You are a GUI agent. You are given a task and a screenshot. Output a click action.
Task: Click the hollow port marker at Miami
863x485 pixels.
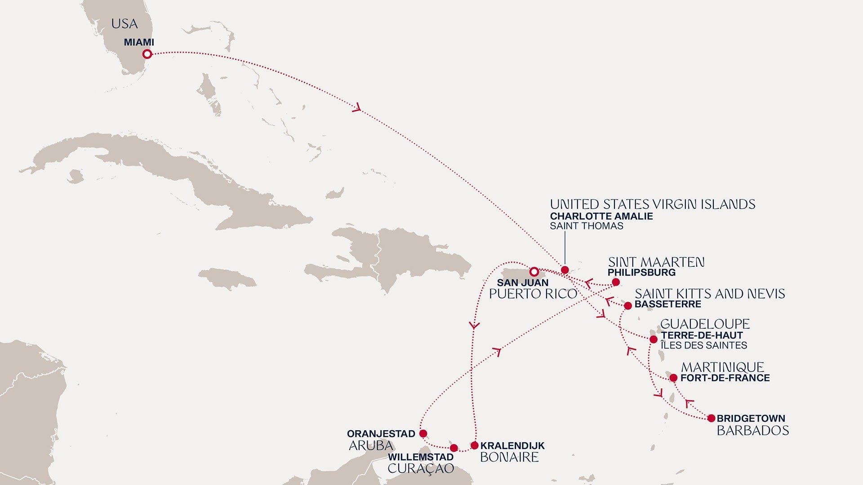147,54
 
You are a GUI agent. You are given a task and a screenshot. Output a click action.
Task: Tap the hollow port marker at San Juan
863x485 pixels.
534,272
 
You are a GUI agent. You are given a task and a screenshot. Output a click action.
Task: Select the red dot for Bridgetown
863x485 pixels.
711,418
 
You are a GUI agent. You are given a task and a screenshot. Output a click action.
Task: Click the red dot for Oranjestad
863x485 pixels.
423,433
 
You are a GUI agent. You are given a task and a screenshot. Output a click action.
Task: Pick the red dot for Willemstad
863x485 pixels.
454,448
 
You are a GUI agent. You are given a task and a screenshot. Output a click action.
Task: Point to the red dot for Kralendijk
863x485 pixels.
474,445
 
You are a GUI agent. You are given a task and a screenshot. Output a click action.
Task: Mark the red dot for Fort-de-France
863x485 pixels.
673,378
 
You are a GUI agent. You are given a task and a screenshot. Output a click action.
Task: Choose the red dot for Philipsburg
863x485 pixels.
616,282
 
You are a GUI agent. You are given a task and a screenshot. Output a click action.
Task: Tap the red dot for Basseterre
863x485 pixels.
628,306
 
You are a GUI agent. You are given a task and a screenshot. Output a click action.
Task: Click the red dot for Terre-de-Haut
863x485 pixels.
654,339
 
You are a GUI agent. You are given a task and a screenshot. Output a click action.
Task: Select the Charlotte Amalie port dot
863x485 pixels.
565,270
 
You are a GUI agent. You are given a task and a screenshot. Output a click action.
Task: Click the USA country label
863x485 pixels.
125,24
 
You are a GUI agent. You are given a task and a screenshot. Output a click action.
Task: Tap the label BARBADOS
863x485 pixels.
752,431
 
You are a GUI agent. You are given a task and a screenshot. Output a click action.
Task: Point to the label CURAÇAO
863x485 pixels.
421,469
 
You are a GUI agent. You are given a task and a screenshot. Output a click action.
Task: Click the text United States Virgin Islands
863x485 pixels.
652,205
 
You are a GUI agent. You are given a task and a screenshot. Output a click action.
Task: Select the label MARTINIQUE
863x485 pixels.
722,367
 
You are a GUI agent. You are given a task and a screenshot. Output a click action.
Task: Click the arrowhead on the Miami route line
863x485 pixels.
357,108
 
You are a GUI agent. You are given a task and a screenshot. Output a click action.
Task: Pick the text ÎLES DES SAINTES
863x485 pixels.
703,345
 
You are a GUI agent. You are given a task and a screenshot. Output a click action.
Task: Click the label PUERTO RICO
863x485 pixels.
533,294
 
